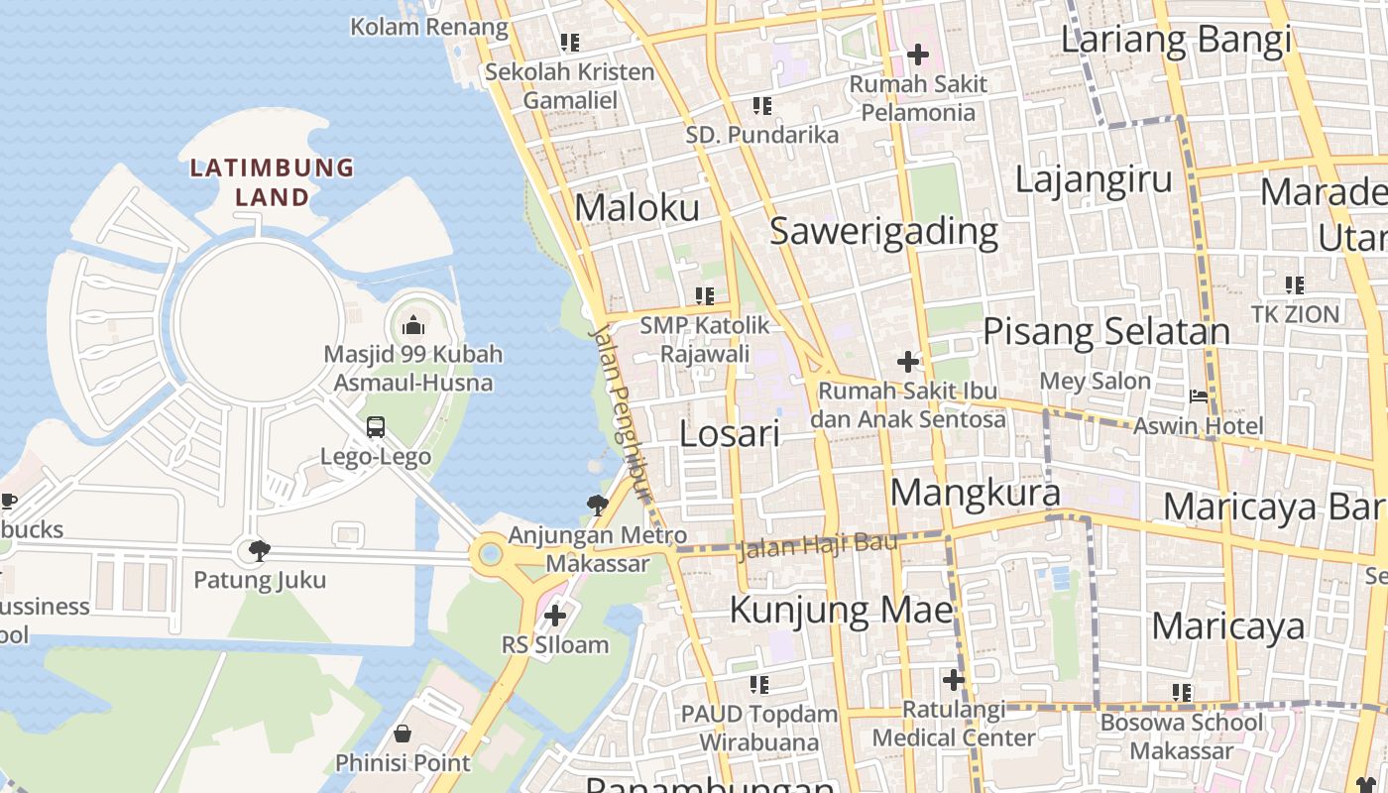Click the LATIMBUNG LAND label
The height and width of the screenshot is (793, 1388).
tap(272, 182)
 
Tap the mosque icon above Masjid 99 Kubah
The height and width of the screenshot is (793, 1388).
tap(413, 324)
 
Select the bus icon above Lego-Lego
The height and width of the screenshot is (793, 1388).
tap(376, 427)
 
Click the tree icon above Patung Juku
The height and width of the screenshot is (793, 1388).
tap(260, 550)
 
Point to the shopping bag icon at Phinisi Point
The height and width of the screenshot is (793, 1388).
tap(403, 734)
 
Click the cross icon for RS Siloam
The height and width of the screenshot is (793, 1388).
tap(555, 616)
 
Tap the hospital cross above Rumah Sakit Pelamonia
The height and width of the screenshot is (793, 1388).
tap(918, 54)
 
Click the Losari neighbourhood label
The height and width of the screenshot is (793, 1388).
tap(731, 433)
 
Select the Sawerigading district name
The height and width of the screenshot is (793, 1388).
tap(883, 231)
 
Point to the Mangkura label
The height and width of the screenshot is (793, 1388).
tap(975, 492)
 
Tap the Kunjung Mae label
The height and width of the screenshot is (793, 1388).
tap(841, 609)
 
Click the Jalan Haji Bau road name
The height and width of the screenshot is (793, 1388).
tap(819, 544)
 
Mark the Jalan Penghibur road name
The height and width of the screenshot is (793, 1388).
tap(622, 406)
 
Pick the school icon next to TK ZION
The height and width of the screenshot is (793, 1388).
tap(1295, 285)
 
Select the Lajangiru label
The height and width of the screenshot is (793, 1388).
tap(1094, 179)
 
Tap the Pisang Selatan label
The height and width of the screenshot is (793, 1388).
tap(1105, 331)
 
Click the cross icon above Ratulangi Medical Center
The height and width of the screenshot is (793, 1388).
tap(954, 680)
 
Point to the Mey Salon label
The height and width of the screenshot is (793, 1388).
tap(1095, 381)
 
